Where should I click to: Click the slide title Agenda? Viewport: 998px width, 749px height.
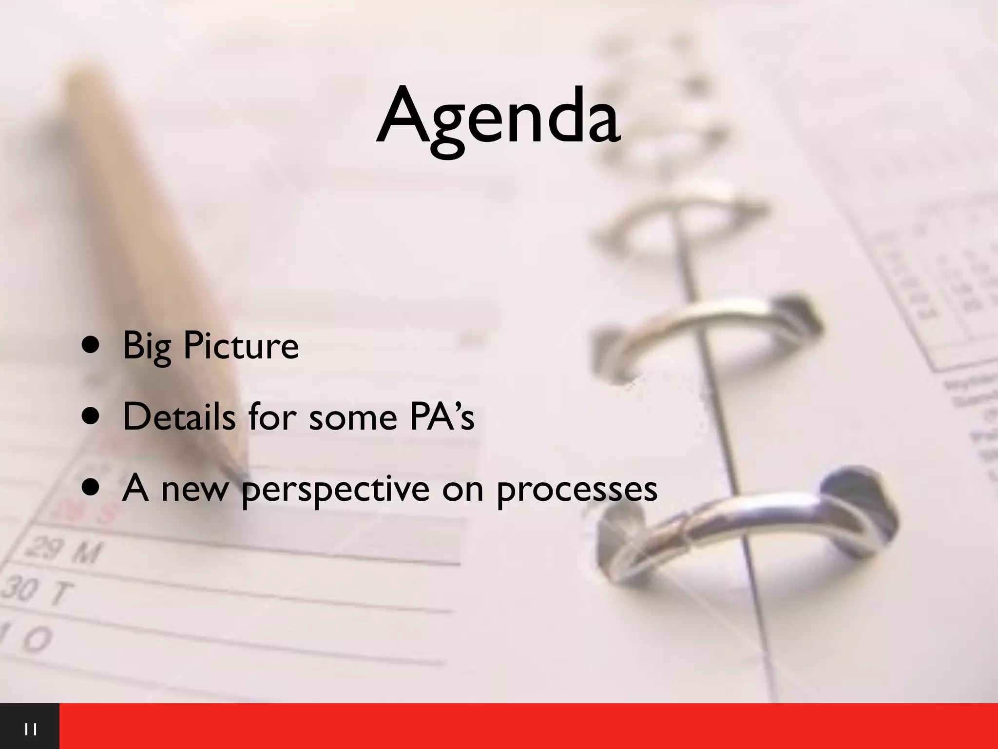(498, 120)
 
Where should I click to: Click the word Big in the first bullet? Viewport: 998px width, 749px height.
(147, 346)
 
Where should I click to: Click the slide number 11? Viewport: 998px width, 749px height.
(30, 730)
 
